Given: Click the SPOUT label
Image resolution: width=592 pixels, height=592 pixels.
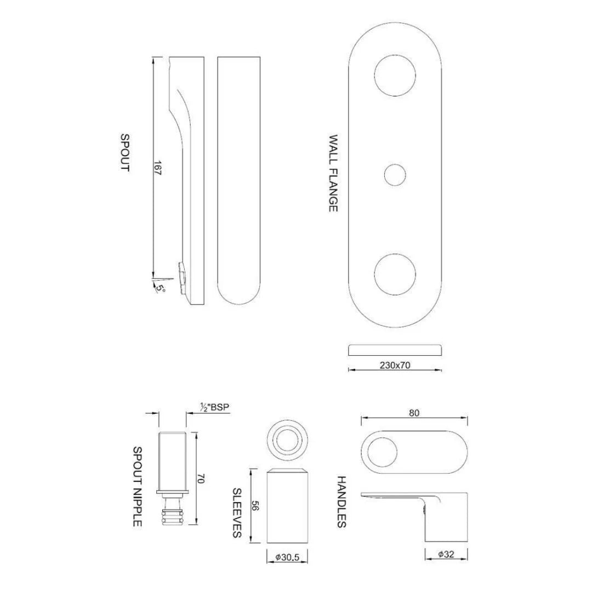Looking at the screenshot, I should pos(125,153).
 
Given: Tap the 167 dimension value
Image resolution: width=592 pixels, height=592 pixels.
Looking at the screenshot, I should pos(158,168).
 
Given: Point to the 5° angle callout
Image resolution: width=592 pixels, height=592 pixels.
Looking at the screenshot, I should pos(160,286).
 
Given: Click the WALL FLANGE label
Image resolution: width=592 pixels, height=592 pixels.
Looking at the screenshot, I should pos(333,173).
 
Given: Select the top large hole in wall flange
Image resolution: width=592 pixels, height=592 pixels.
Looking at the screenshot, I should pos(395,76).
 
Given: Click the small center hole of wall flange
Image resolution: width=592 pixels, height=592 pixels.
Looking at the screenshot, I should pos(395,175).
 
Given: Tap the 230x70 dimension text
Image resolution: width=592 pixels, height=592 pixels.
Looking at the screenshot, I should pos(395,366).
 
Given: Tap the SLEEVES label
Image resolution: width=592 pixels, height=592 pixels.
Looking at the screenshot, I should pos(237,513).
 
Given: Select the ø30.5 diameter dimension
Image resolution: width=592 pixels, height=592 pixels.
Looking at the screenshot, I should pos(287,557).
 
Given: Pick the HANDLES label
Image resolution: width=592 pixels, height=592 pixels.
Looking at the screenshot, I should pos(341,502).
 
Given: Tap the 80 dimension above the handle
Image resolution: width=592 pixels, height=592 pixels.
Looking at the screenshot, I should pos(414,413).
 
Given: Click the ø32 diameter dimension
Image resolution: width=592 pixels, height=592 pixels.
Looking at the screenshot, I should pos(446,554).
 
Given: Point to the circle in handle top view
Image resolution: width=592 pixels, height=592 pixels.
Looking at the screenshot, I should pos(382,453).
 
